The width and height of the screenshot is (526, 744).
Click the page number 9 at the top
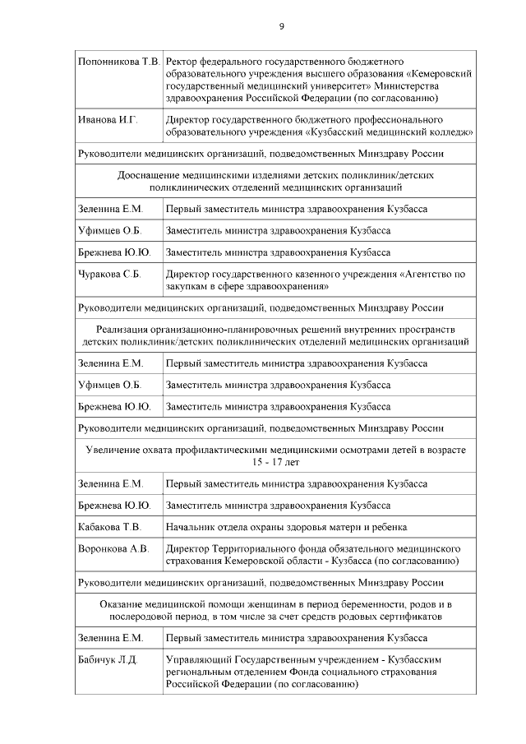tap(281, 26)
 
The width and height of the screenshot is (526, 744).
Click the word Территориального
tap(258, 548)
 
